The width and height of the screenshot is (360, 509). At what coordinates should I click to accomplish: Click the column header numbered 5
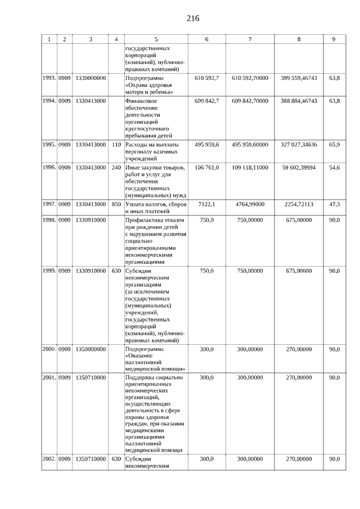pyautogui.click(x=156, y=39)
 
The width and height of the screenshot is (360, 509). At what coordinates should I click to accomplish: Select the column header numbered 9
pyautogui.click(x=334, y=39)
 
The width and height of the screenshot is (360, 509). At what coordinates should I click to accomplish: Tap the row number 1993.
pyautogui.click(x=49, y=78)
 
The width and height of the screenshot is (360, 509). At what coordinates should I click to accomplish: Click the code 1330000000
pyautogui.click(x=91, y=78)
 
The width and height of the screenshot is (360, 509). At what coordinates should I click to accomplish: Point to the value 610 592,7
pyautogui.click(x=206, y=78)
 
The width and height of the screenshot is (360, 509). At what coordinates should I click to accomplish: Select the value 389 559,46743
pyautogui.click(x=299, y=78)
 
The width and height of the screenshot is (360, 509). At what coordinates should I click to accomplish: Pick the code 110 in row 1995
pyautogui.click(x=116, y=145)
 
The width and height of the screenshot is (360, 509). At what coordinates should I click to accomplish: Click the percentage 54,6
pyautogui.click(x=334, y=167)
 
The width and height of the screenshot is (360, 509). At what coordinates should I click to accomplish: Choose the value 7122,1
pyautogui.click(x=206, y=204)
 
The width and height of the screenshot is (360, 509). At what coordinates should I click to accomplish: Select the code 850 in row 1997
pyautogui.click(x=116, y=204)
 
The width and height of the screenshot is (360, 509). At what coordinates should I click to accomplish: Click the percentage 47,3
pyautogui.click(x=334, y=204)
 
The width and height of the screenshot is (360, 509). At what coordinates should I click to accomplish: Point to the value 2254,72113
pyautogui.click(x=299, y=204)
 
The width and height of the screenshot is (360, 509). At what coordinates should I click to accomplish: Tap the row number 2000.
pyautogui.click(x=49, y=349)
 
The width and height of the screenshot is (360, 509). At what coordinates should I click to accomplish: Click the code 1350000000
pyautogui.click(x=91, y=349)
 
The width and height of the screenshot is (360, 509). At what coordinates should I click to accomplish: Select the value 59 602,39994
pyautogui.click(x=299, y=167)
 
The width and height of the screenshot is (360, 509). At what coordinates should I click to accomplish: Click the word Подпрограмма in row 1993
pyautogui.click(x=145, y=78)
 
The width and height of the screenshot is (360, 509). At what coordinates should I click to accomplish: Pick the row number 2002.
pyautogui.click(x=49, y=460)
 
